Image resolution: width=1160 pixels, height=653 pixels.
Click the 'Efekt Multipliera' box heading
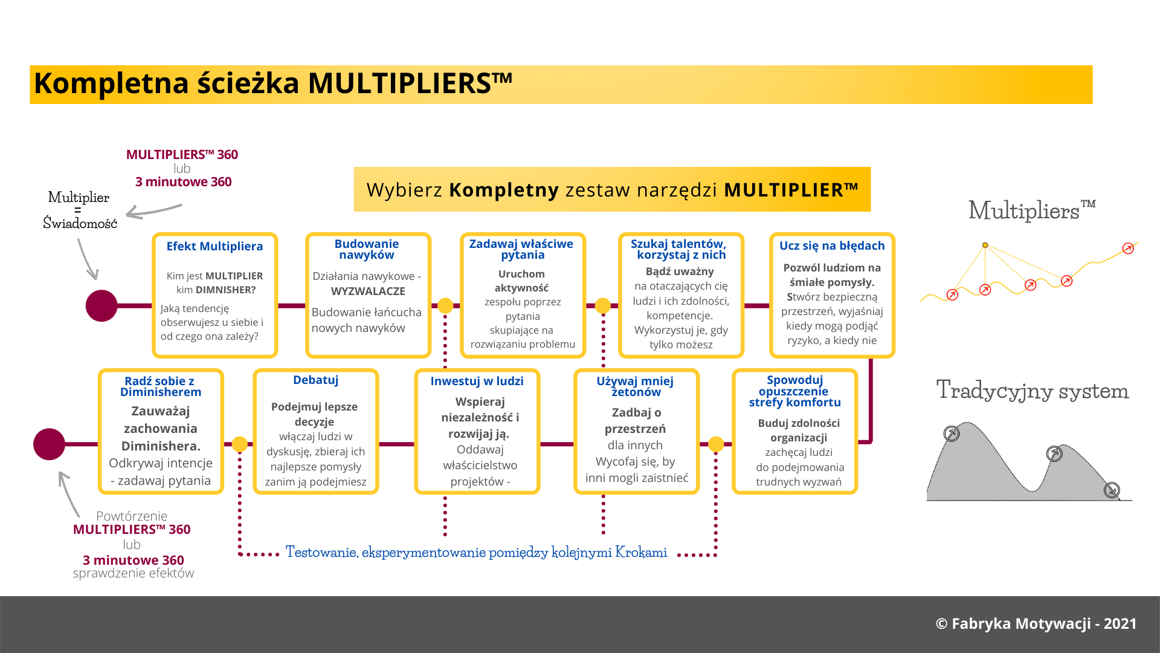point(214,246)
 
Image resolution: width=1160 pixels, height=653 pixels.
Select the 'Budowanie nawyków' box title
point(367,249)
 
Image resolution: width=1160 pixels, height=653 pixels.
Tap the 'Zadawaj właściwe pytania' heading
point(521,249)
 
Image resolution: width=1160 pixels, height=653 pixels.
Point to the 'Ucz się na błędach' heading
point(831,245)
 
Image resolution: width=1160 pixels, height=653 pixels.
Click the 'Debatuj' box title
point(315,380)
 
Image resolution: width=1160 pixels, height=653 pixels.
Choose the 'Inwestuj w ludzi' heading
point(477,381)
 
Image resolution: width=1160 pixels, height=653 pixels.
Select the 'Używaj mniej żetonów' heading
point(635,386)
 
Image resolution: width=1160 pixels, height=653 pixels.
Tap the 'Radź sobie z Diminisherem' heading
point(160,386)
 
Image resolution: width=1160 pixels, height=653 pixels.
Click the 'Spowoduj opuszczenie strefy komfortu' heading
point(795,391)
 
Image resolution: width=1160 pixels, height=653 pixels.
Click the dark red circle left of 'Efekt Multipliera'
point(101,305)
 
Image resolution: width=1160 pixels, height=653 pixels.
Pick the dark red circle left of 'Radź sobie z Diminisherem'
point(49,444)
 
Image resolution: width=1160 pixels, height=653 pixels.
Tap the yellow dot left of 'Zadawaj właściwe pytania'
point(445,305)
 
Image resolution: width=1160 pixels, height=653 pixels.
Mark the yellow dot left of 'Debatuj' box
point(240,444)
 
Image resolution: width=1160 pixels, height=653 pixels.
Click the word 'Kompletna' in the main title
point(111,83)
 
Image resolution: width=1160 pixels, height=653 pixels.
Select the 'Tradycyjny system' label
point(1032,390)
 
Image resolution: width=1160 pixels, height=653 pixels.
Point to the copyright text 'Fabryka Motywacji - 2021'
point(1044,623)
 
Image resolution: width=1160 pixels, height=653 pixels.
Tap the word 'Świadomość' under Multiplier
point(80,223)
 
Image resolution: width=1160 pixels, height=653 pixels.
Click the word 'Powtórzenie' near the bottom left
point(132,516)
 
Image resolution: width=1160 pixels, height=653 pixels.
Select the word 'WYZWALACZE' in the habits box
point(368,291)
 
